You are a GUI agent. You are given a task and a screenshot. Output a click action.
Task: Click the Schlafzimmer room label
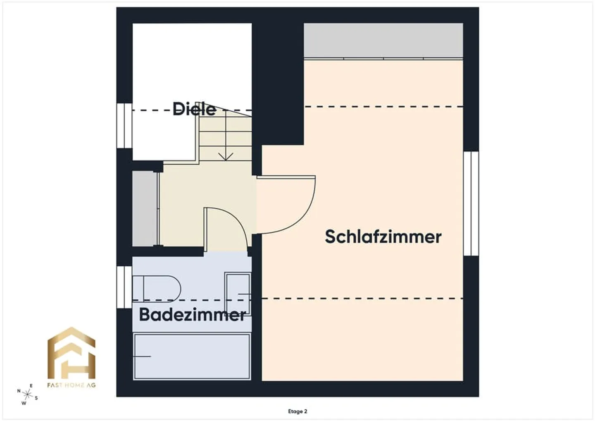383,237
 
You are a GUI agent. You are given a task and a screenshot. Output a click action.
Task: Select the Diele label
194,109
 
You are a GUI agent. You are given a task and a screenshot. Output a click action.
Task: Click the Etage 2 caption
297,411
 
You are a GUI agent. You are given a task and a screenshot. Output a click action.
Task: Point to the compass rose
27,395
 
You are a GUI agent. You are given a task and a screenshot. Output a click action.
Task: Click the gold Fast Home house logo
71,353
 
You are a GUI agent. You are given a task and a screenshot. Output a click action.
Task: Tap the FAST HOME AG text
71,385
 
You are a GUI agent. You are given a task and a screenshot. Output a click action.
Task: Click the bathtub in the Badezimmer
192,356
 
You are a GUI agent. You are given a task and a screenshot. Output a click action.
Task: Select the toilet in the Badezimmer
157,289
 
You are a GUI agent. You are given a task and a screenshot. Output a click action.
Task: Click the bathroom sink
238,294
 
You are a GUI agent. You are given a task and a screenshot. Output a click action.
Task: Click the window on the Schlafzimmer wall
471,203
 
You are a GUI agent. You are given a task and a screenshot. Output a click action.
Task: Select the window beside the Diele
124,126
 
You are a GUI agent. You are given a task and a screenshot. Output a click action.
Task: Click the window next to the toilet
124,287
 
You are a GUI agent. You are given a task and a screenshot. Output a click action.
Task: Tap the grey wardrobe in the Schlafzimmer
383,40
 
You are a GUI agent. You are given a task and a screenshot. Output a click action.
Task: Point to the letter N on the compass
19,391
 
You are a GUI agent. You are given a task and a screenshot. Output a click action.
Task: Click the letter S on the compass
36,398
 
